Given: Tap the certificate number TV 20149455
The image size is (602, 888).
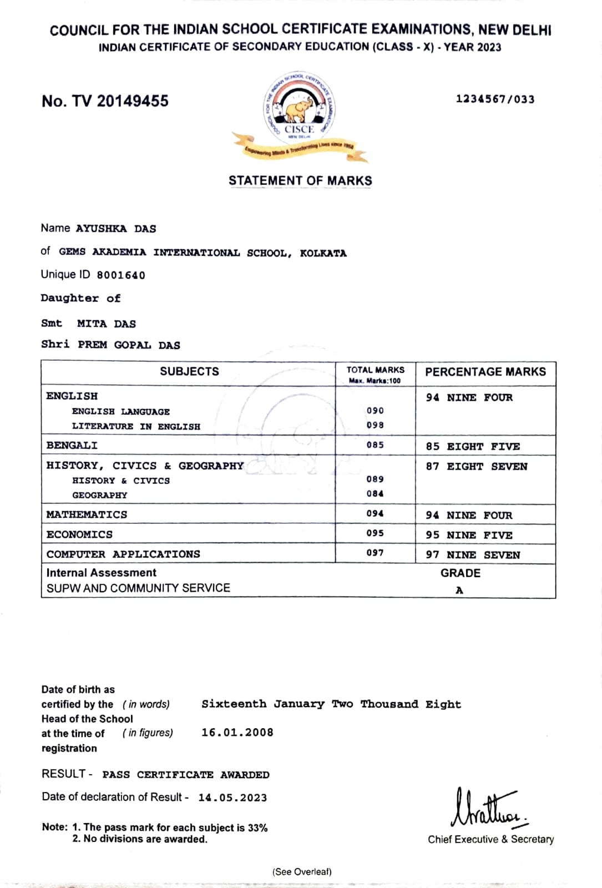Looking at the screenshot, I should click(x=105, y=101).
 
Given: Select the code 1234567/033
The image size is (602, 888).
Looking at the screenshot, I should click(x=495, y=99).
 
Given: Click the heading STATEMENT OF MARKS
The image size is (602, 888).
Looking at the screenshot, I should click(x=300, y=180).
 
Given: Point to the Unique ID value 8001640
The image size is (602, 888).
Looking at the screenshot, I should click(x=121, y=275).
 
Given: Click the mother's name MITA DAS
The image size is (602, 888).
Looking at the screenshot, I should click(x=106, y=324).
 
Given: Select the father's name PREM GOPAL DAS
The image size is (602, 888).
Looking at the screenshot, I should click(x=129, y=345).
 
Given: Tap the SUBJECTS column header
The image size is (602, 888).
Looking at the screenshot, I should click(x=189, y=372).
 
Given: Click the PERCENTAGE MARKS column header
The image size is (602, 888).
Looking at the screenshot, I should click(x=485, y=372).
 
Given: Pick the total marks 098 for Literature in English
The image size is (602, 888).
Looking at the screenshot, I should click(x=375, y=425).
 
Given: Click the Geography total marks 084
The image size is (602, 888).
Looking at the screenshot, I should click(x=375, y=493).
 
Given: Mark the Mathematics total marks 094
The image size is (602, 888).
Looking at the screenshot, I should click(x=375, y=513).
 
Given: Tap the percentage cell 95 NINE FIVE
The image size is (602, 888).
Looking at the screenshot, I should click(x=469, y=535).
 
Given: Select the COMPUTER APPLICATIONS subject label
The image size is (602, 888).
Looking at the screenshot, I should click(x=123, y=554).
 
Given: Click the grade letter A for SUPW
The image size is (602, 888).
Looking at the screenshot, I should click(x=459, y=590).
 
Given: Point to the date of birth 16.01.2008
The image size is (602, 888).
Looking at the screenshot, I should click(x=237, y=733).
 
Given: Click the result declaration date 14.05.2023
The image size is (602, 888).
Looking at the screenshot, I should click(x=232, y=798).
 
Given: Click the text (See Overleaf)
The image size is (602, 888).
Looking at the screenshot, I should click(x=302, y=871).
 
